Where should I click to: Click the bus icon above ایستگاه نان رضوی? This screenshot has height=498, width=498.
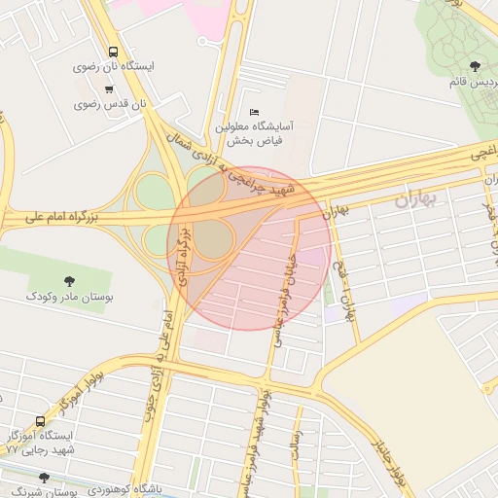[115, 52]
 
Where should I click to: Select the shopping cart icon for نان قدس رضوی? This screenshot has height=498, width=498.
[109, 89]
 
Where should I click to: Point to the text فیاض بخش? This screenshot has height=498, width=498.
[255, 141]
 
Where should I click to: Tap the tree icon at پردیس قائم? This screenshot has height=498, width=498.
[475, 66]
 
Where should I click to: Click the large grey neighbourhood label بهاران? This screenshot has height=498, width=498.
[417, 199]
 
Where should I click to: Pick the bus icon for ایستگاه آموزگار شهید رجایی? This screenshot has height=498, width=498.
[40, 421]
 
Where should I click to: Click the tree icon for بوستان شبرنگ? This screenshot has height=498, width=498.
[43, 478]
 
